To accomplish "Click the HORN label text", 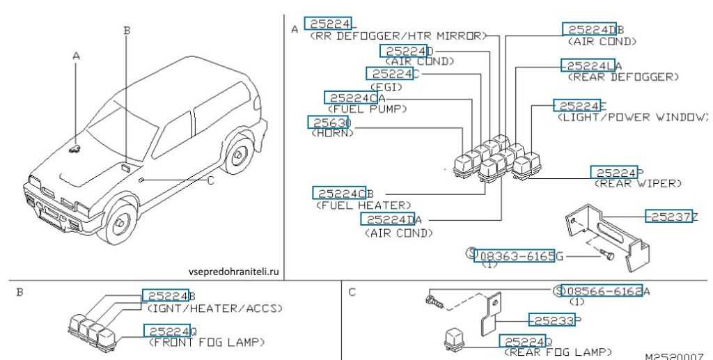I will click(331, 133).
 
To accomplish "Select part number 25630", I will click(329, 123).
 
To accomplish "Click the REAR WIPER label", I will click(637, 183).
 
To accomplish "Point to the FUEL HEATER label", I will click(363, 205).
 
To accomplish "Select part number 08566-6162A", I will click(606, 291).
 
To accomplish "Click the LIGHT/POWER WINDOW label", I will click(632, 117).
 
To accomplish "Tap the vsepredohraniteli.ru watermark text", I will click(233, 272).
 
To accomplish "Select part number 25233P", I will click(554, 320).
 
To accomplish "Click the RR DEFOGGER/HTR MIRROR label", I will click(395, 36).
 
